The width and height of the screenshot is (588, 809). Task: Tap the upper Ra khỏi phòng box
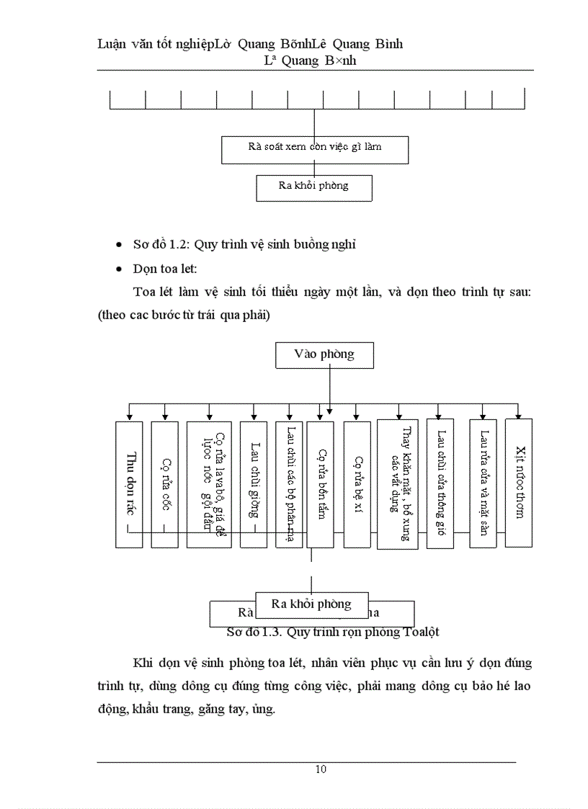pos(313,187)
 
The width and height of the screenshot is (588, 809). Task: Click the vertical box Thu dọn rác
pos(129,484)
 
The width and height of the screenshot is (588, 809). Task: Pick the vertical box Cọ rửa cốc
pos(165,484)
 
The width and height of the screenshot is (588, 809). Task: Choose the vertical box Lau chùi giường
pos(253,484)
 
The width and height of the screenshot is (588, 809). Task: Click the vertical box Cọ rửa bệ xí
pos(357,484)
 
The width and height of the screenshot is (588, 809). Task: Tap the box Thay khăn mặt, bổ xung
pos(397,484)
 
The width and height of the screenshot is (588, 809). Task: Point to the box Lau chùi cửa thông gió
pos(440,484)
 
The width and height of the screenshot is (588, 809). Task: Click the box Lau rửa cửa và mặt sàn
pos(483,484)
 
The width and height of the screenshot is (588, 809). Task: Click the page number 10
pos(321,769)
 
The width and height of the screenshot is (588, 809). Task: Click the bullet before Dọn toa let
pos(119,269)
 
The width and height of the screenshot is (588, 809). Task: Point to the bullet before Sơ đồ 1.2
pos(119,245)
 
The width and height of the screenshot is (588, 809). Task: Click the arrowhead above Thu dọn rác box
pos(129,416)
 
